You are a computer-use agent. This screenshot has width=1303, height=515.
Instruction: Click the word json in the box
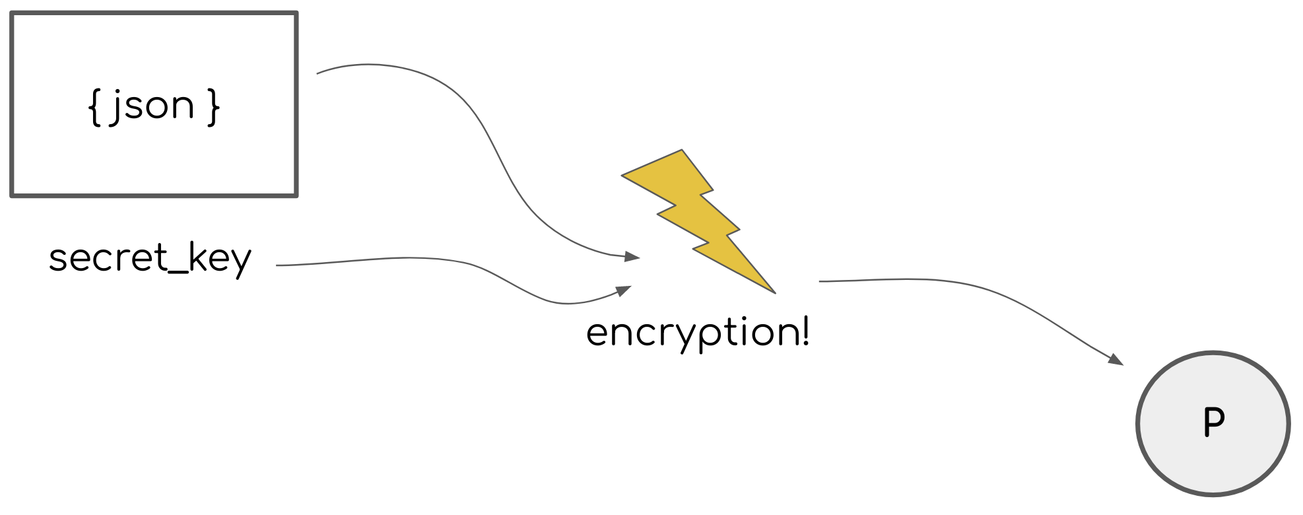click(x=152, y=106)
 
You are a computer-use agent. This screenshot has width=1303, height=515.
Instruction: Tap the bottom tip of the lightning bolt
click(x=774, y=292)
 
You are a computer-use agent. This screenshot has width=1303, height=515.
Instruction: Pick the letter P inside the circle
click(x=1214, y=422)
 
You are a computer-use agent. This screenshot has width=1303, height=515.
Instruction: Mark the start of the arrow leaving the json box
click(x=318, y=73)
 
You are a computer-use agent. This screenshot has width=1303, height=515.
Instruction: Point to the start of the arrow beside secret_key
click(x=277, y=265)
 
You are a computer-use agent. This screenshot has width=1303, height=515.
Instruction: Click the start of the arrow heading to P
click(x=820, y=281)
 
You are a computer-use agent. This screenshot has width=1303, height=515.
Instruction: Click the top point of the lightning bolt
click(x=681, y=151)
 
